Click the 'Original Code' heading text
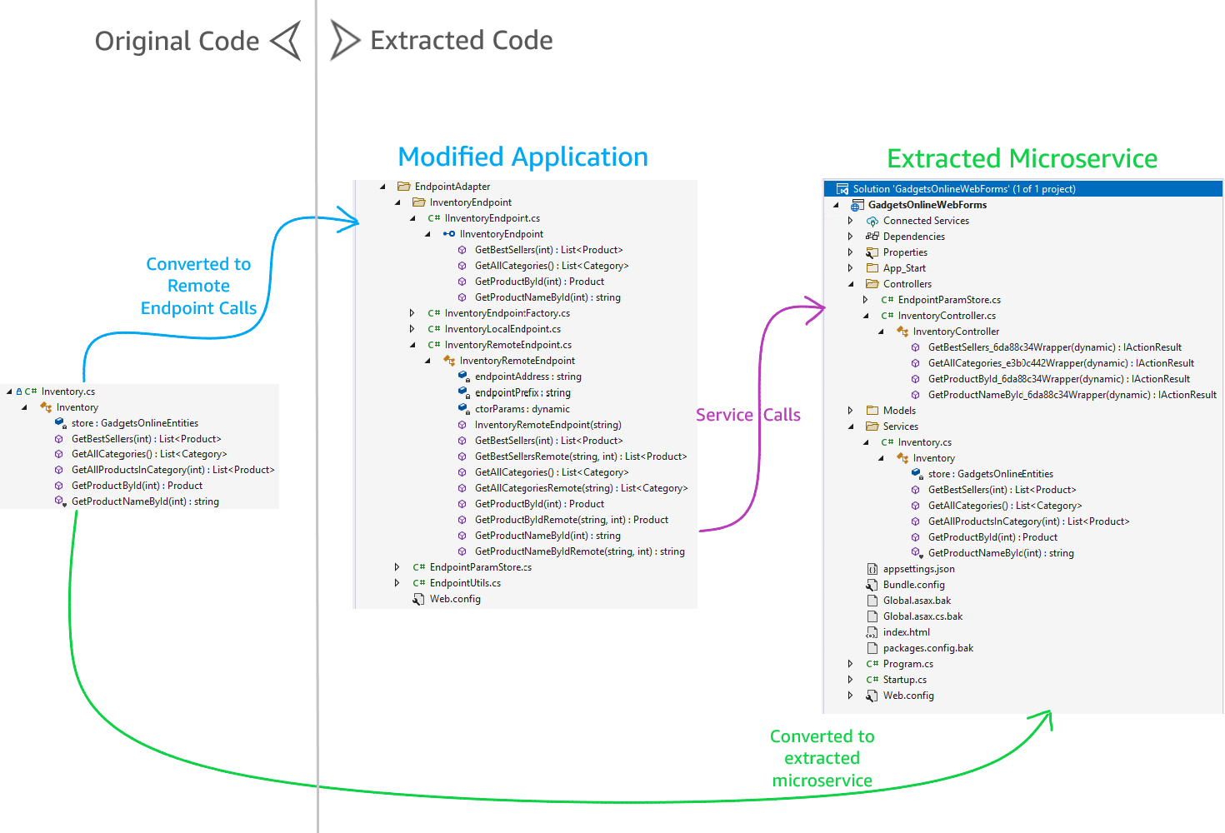(177, 41)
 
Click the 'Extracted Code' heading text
(461, 40)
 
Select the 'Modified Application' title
(522, 157)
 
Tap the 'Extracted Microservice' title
(1022, 158)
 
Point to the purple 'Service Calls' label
(747, 415)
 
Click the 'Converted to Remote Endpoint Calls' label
(198, 286)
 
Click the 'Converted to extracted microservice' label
(822, 758)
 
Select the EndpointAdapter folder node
(452, 187)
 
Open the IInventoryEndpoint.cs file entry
(492, 218)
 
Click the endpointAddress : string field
(527, 377)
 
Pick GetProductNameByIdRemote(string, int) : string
(579, 551)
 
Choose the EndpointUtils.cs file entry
(465, 583)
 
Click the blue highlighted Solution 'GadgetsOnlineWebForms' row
(963, 189)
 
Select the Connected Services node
(925, 221)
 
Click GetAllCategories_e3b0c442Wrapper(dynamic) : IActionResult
(1060, 363)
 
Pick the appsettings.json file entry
(918, 569)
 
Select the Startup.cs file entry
(904, 680)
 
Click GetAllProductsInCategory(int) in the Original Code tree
(172, 470)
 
